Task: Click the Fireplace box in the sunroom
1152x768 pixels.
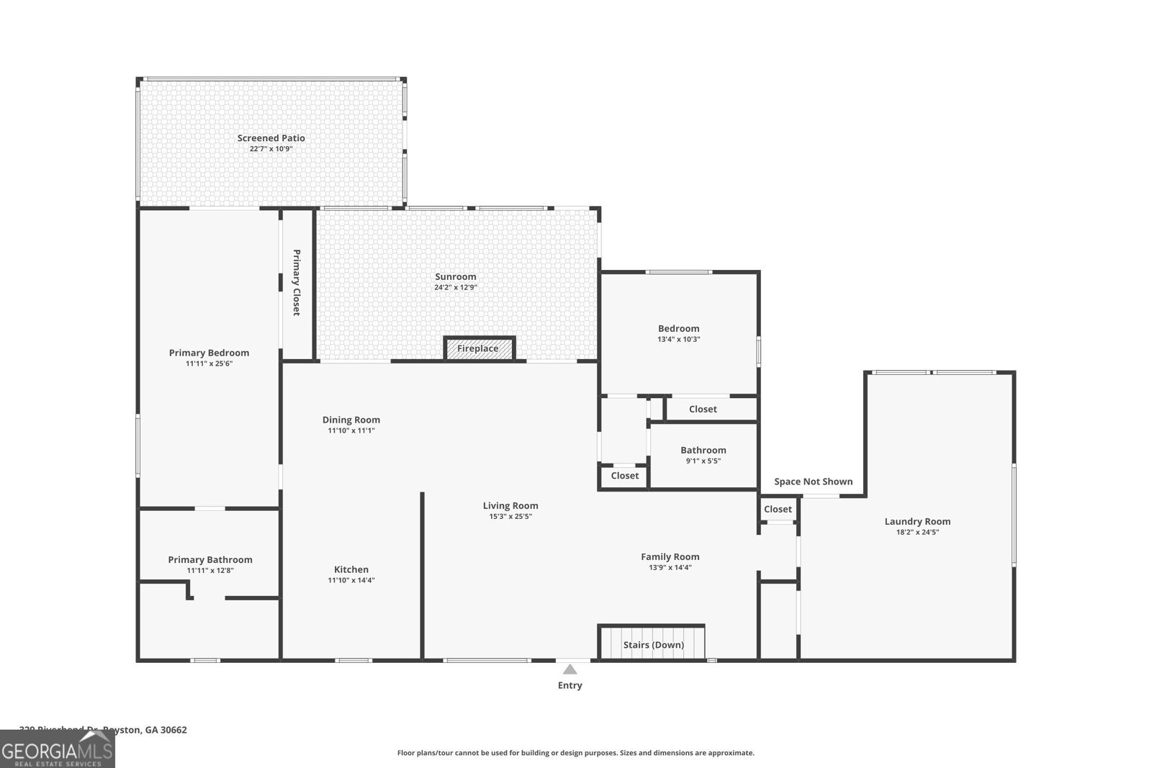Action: point(478,348)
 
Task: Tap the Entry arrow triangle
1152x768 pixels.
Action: point(570,669)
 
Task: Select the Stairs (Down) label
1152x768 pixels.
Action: point(653,645)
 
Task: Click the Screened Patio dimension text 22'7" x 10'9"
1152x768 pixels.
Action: point(271,149)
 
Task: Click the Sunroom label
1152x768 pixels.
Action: point(455,276)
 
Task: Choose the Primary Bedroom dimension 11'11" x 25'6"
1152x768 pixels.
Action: point(209,363)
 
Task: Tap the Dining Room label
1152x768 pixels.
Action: point(351,420)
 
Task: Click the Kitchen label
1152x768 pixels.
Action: point(351,569)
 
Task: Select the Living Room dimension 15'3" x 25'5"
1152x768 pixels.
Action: point(510,516)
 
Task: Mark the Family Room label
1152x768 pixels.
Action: point(670,556)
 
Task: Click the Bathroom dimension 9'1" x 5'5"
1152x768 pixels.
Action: point(703,461)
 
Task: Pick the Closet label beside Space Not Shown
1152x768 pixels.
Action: point(778,509)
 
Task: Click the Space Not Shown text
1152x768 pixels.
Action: point(813,482)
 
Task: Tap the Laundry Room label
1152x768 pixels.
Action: point(917,521)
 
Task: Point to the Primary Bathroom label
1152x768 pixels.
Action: point(210,559)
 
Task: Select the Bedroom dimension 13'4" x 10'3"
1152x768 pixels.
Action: point(678,339)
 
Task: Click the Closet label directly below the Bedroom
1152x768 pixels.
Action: point(703,409)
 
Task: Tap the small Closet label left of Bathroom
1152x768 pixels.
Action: point(624,475)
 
